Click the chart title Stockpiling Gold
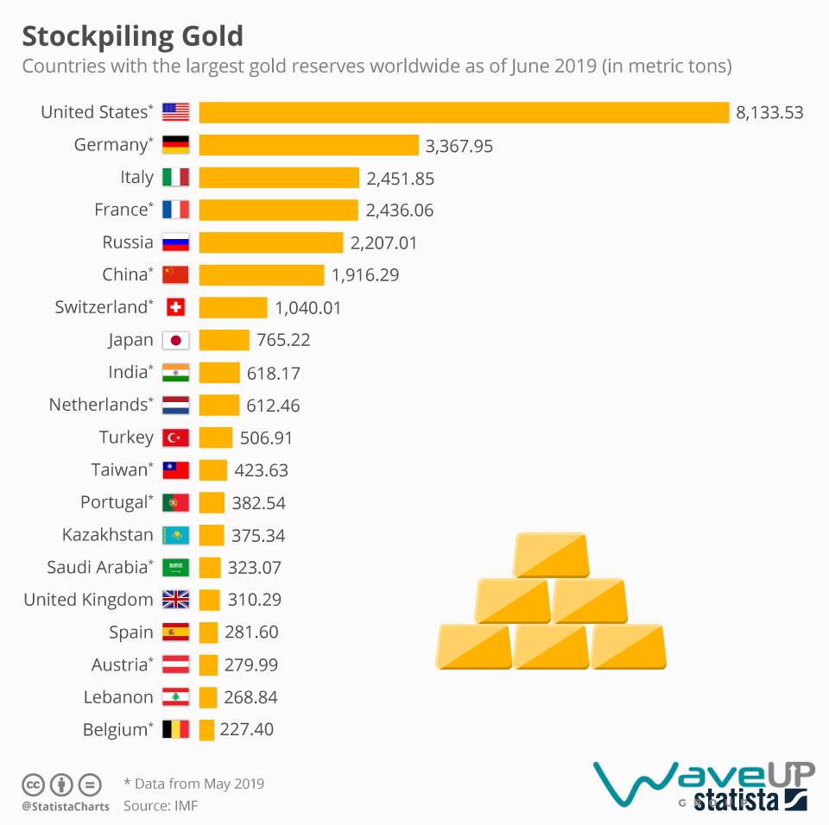(x=132, y=36)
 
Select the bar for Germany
(x=308, y=145)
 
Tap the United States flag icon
(x=175, y=112)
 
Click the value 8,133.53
(x=769, y=112)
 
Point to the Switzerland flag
(x=175, y=307)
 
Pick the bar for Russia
(x=271, y=242)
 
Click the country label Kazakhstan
(x=107, y=535)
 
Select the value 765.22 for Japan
(x=283, y=340)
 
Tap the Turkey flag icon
(x=175, y=438)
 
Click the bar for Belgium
(x=206, y=730)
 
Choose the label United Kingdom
(x=88, y=600)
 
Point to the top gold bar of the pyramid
(x=550, y=555)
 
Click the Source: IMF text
(x=161, y=806)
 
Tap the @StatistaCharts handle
(x=65, y=807)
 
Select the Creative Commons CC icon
(x=34, y=785)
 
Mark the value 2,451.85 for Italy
(x=400, y=179)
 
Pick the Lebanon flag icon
(x=175, y=697)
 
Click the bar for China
(x=262, y=275)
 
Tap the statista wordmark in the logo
(x=737, y=799)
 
